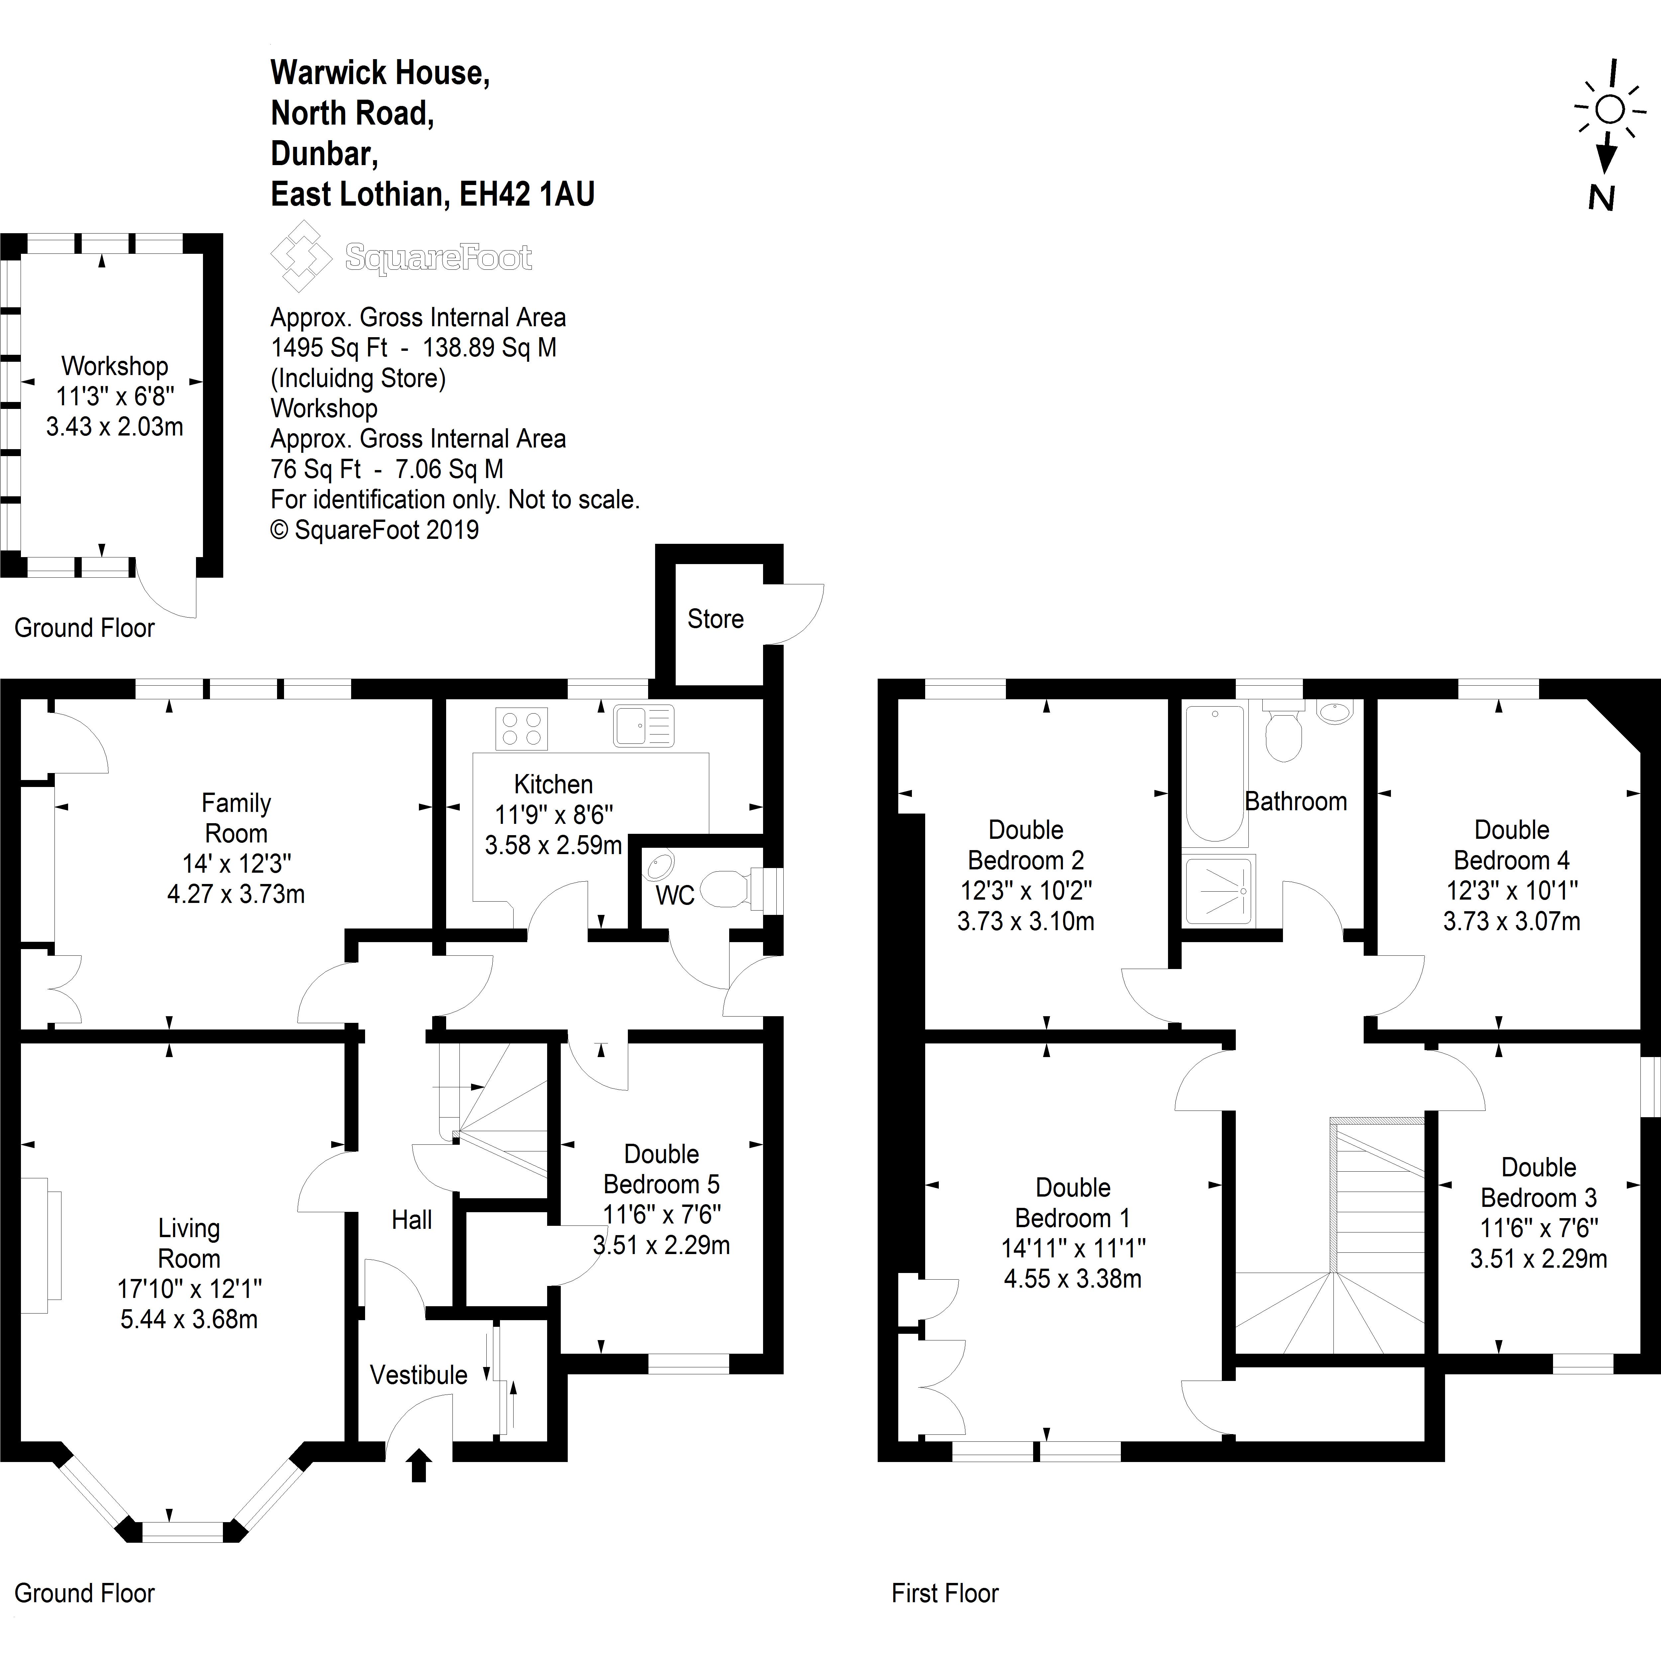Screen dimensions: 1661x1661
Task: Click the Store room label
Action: pyautogui.click(x=715, y=619)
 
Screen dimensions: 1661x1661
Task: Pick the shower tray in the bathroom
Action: pyautogui.click(x=1218, y=890)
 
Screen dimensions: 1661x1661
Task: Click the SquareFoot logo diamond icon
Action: pyautogui.click(x=301, y=256)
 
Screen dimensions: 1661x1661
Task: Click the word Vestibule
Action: pyautogui.click(x=419, y=1375)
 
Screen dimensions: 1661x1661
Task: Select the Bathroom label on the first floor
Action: pyautogui.click(x=1296, y=801)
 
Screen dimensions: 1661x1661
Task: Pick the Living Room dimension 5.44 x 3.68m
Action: pyautogui.click(x=189, y=1319)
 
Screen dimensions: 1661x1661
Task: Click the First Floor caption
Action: pyautogui.click(x=945, y=1593)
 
